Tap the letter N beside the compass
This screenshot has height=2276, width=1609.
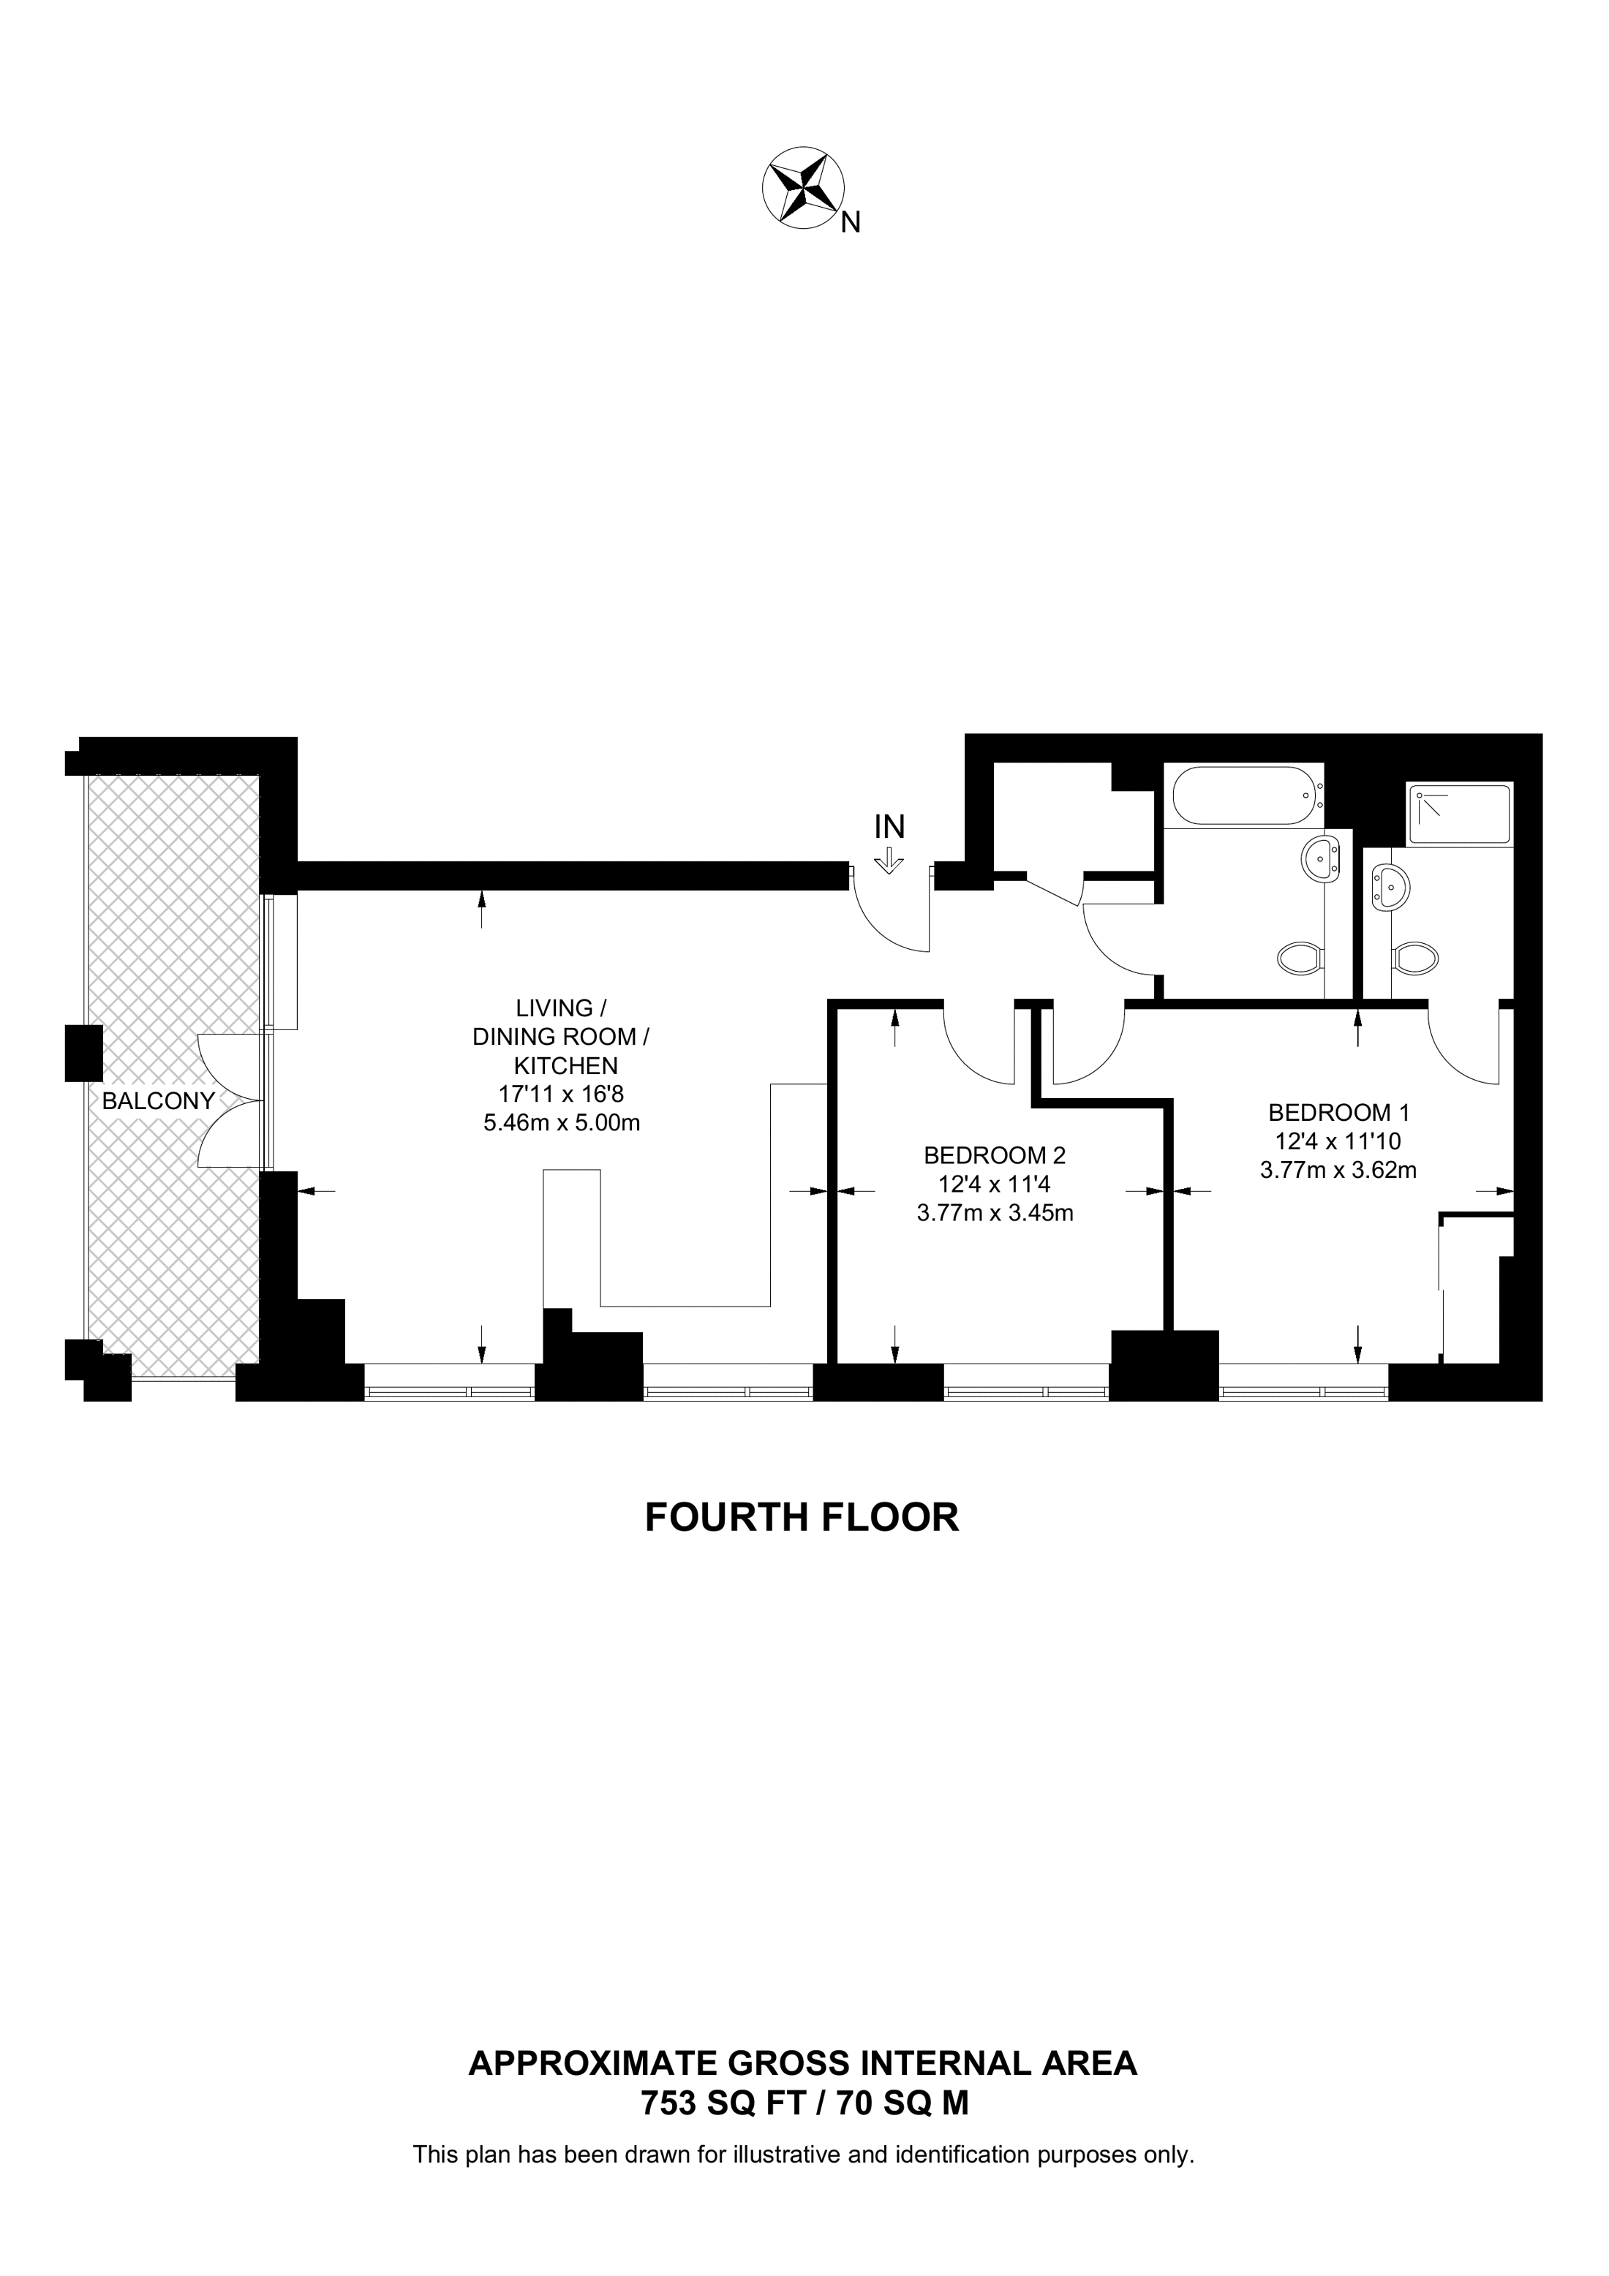851,223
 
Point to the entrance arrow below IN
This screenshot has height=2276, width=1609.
889,860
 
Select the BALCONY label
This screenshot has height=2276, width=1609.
159,1100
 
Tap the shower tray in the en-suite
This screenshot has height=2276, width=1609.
1459,814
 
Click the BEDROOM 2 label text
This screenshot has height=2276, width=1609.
995,1155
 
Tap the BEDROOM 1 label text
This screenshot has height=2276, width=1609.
1338,1112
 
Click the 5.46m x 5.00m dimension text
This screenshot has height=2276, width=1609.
561,1123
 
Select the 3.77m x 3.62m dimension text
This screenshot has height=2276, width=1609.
1338,1170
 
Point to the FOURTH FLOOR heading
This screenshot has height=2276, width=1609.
802,1518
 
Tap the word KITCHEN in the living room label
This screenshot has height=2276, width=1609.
565,1066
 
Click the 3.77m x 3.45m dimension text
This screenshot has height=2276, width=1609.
995,1212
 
